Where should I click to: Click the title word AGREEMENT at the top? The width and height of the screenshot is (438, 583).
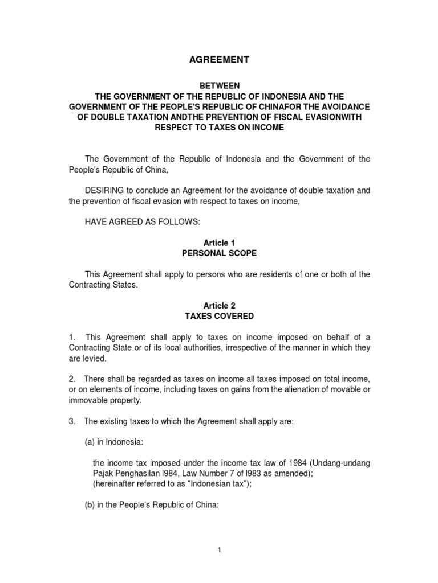pyautogui.click(x=220, y=59)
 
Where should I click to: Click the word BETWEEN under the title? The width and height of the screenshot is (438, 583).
pyautogui.click(x=220, y=85)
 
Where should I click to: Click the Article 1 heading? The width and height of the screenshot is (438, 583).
pyautogui.click(x=220, y=243)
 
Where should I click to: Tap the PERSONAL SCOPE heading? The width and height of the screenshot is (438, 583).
pyautogui.click(x=220, y=253)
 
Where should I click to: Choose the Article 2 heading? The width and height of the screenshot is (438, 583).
pyautogui.click(x=220, y=306)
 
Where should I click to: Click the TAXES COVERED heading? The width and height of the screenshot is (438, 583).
pyautogui.click(x=220, y=316)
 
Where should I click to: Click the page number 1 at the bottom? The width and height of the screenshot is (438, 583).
pyautogui.click(x=219, y=549)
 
